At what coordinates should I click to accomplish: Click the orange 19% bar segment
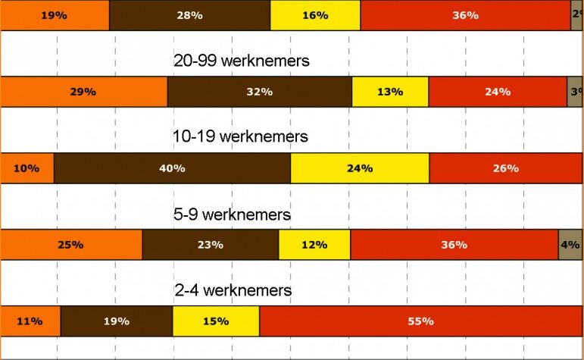tap(55, 15)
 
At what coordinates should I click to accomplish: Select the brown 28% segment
tap(189, 15)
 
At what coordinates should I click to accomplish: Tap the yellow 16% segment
tap(315, 15)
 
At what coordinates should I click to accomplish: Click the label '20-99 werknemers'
tap(242, 61)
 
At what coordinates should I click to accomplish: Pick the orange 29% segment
tap(83, 92)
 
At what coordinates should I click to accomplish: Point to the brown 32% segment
tap(259, 92)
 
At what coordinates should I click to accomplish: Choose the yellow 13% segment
tap(390, 92)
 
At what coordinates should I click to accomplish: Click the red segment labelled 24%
tap(498, 92)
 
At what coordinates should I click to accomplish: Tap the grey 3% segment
tap(575, 92)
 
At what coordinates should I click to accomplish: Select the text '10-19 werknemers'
tap(241, 137)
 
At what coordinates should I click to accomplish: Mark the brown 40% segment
tap(172, 168)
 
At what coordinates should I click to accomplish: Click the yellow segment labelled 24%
tap(360, 168)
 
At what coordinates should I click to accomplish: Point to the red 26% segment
tap(505, 168)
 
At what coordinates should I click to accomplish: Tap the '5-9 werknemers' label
tap(232, 214)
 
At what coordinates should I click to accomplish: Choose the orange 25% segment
tap(71, 245)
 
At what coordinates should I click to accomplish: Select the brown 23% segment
tap(210, 245)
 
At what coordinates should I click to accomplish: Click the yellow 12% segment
tap(314, 245)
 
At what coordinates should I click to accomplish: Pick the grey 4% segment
tap(570, 245)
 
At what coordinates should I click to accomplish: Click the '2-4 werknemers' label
tap(233, 290)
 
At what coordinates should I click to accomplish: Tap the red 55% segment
tap(420, 321)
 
